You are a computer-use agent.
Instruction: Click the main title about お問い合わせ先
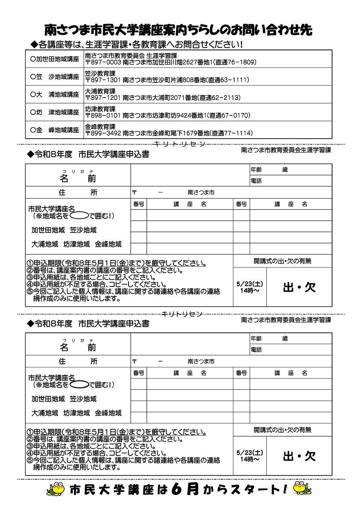[x=178, y=29]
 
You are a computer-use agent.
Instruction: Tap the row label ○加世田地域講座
[x=55, y=59]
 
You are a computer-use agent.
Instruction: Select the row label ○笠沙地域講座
[x=55, y=77]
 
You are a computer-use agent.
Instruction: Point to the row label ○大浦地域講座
[x=55, y=94]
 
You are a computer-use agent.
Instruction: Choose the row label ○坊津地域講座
[x=55, y=112]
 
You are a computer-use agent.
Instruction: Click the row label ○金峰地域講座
[x=55, y=130]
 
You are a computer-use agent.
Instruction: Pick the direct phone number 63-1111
[x=233, y=80]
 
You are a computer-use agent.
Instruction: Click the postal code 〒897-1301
[x=103, y=80]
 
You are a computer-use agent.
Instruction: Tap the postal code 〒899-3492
[x=103, y=133]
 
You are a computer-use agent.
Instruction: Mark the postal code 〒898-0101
[x=103, y=115]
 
